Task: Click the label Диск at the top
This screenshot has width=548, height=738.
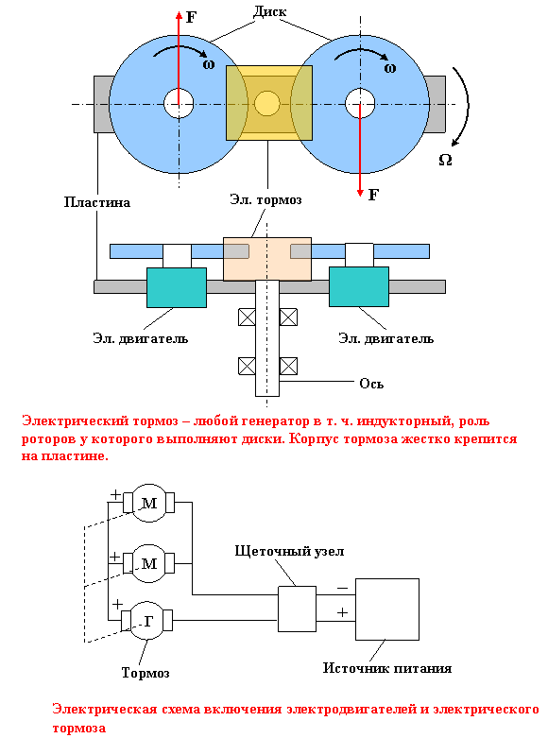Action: (x=270, y=11)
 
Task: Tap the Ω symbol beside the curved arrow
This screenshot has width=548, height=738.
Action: (x=445, y=160)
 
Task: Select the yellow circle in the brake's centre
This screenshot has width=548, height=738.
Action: (x=267, y=103)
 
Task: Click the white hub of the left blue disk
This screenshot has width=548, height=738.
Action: (x=179, y=103)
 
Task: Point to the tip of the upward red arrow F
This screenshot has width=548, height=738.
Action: (x=179, y=12)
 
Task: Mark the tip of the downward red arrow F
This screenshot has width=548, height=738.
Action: (x=360, y=196)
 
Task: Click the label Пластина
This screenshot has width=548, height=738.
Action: (x=97, y=202)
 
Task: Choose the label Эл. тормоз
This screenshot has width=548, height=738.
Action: (x=265, y=199)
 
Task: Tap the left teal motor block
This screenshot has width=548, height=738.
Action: (x=177, y=287)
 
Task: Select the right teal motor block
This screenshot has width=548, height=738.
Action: (x=359, y=286)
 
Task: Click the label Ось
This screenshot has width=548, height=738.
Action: (x=371, y=384)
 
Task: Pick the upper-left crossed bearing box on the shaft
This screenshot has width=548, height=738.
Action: (x=247, y=318)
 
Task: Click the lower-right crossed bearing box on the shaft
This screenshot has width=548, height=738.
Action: (x=288, y=366)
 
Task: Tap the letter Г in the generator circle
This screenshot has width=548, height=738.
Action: (x=148, y=622)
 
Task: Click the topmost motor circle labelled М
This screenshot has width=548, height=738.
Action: (x=148, y=503)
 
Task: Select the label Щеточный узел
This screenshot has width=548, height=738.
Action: (x=289, y=551)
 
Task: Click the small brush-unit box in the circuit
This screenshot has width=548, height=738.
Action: (x=297, y=609)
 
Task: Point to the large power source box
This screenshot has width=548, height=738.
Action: (x=387, y=609)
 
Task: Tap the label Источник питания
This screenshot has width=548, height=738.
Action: (x=387, y=668)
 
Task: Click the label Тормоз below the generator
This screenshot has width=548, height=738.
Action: (x=146, y=673)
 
